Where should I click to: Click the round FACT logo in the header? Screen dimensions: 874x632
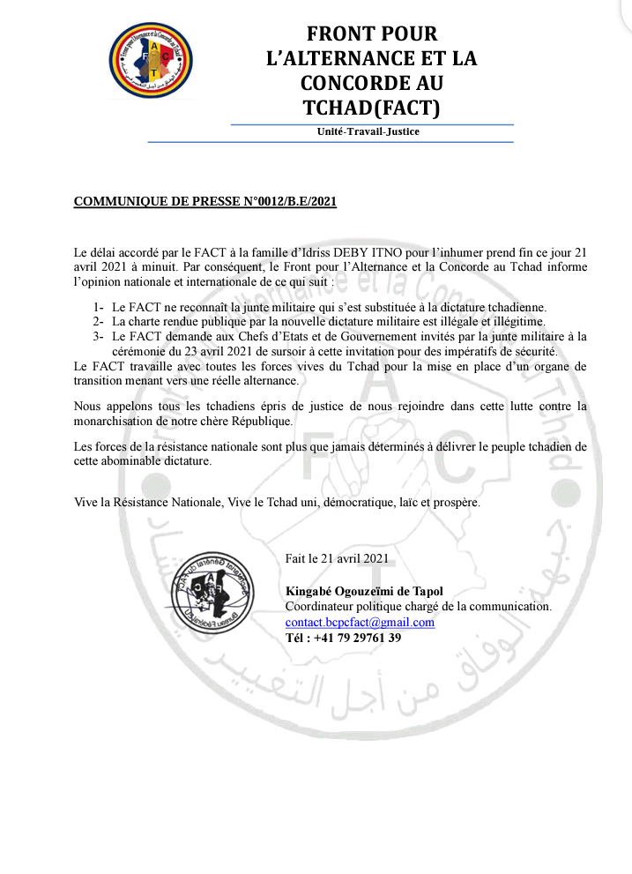point(152,62)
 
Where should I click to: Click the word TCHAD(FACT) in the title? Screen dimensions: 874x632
point(371,108)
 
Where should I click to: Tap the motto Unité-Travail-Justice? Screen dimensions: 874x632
point(368,132)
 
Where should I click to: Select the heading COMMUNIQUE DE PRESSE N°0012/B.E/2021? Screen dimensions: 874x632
point(204,201)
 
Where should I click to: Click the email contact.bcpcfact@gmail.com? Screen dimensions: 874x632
point(360,623)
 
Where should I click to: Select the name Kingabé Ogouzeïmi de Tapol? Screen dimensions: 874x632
point(364,591)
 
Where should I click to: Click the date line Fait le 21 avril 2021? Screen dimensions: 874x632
point(337,558)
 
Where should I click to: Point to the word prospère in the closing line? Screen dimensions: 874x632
point(454,502)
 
